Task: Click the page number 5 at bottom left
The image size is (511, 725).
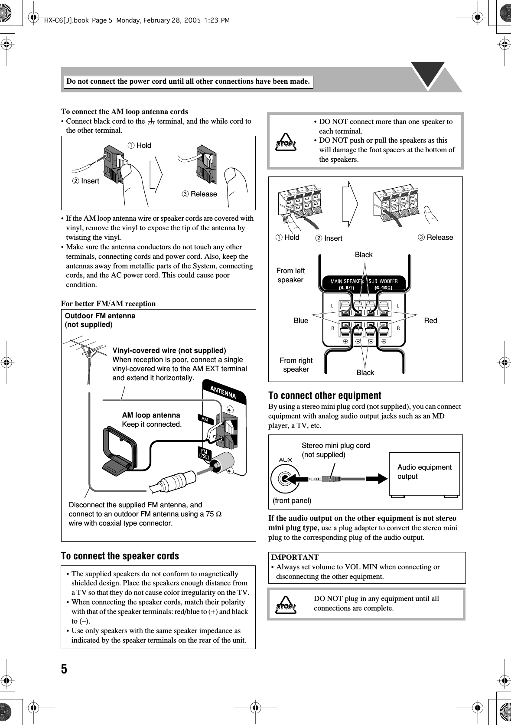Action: tap(64, 669)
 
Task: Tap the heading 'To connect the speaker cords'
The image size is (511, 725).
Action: tap(120, 556)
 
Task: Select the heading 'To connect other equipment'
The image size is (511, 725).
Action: tap(325, 395)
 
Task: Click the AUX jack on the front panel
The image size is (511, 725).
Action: tap(285, 479)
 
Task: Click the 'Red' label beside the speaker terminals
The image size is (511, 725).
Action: tap(430, 320)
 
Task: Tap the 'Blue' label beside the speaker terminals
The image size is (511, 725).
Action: tap(301, 320)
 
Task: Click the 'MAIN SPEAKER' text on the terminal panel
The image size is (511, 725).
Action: tap(347, 281)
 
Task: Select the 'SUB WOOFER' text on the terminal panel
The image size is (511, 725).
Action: tap(383, 281)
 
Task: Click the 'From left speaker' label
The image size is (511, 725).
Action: tap(290, 275)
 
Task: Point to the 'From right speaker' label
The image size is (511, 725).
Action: tap(296, 365)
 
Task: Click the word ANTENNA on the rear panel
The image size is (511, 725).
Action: tap(223, 392)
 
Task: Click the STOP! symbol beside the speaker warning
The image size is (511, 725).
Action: tap(286, 144)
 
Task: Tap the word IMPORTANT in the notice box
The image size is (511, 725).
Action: tap(295, 557)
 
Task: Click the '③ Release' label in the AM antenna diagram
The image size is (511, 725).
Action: tap(199, 194)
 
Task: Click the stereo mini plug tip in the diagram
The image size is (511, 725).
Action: tap(314, 479)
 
